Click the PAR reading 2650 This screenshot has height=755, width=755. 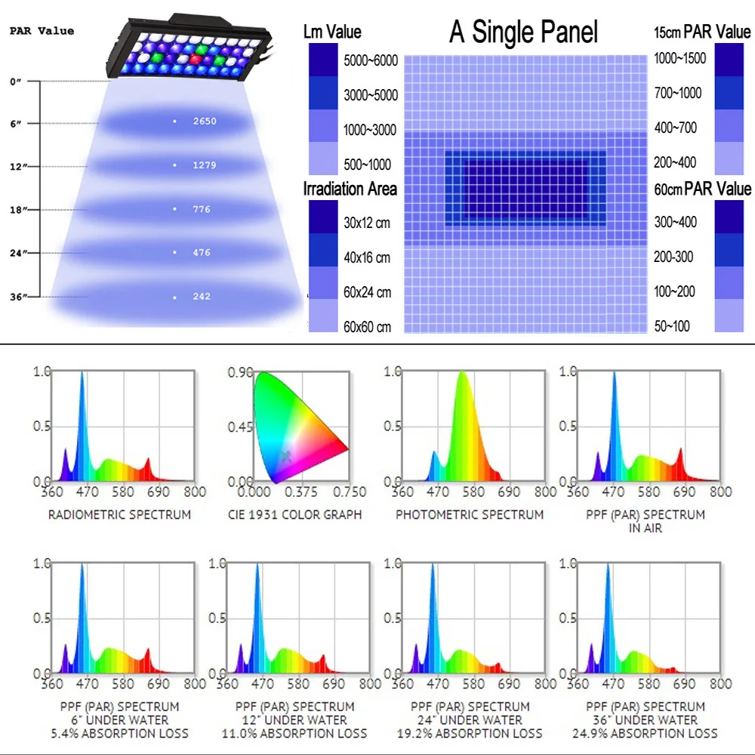pos(205,121)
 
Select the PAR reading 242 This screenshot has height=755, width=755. pos(202,297)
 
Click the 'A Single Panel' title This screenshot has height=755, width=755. pos(523,32)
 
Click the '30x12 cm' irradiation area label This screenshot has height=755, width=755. pos(368,223)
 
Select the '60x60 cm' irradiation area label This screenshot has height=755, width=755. pos(368,327)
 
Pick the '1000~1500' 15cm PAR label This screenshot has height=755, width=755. pos(679,58)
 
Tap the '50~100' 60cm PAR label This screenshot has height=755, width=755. pos(673,326)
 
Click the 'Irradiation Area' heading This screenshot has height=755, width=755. pos(350,189)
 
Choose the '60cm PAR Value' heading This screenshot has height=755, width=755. pos(702,189)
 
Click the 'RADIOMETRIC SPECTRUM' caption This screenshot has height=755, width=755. pos(119,515)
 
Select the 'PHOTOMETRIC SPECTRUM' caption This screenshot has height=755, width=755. pos(470,515)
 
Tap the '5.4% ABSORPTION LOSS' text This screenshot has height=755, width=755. pos(119,733)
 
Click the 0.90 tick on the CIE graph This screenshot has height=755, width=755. pos(240,372)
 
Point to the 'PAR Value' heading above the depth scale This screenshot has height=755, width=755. pos(42,31)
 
